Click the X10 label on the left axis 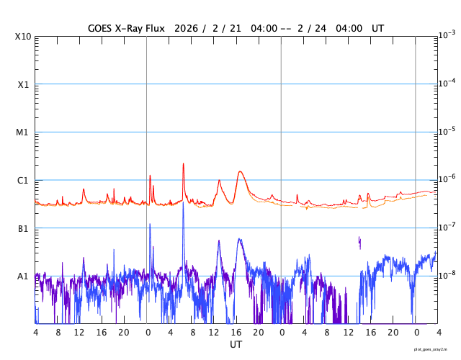point(23,36)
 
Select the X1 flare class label point(23,84)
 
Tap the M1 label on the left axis point(23,132)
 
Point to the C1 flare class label point(23,181)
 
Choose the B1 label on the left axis point(23,229)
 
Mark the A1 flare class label point(23,276)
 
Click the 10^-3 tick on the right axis point(447,35)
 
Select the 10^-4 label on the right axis point(447,83)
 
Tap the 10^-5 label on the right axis point(447,131)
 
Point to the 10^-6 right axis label point(447,179)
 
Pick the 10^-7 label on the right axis point(447,228)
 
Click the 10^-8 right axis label point(447,275)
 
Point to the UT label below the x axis point(236,345)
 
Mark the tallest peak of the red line point(183,163)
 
